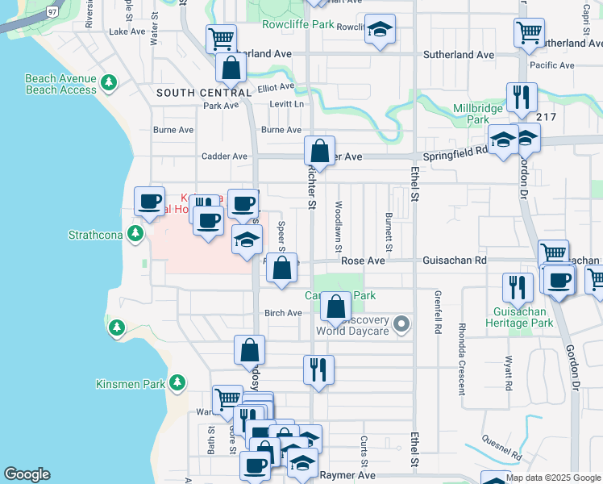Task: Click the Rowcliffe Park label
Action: tap(297, 25)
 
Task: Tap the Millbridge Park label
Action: tap(478, 114)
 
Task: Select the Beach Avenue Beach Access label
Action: tap(60, 85)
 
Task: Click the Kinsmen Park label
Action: tap(130, 384)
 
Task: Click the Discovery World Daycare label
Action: tap(353, 325)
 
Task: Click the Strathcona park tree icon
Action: tap(136, 234)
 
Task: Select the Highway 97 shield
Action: tap(52, 12)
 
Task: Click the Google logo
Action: tap(27, 474)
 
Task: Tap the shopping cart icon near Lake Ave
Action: tap(220, 37)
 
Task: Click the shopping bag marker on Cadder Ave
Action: tap(319, 151)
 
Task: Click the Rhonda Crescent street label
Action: tap(462, 356)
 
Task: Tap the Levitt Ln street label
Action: tap(288, 105)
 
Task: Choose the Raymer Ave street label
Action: tap(348, 476)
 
